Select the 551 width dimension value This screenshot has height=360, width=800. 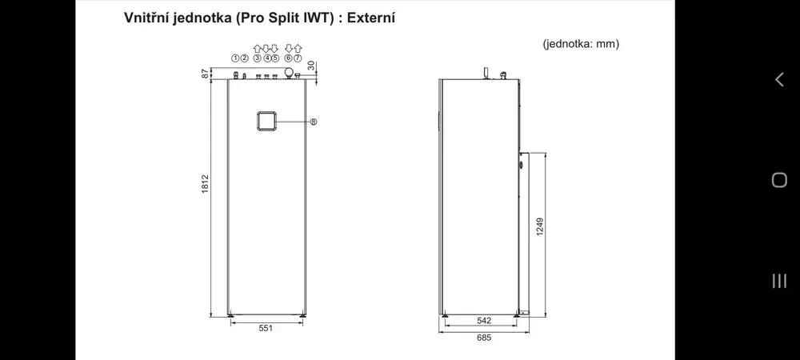tap(266, 328)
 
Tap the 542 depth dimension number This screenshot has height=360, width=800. tap(484, 321)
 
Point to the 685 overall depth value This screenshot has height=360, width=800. tap(484, 338)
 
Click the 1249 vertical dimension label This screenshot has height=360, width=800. tap(540, 227)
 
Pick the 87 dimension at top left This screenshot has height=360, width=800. tap(205, 74)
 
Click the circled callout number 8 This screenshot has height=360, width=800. tap(314, 122)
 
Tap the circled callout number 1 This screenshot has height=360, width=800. tap(235, 58)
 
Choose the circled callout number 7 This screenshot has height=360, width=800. tap(298, 58)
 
